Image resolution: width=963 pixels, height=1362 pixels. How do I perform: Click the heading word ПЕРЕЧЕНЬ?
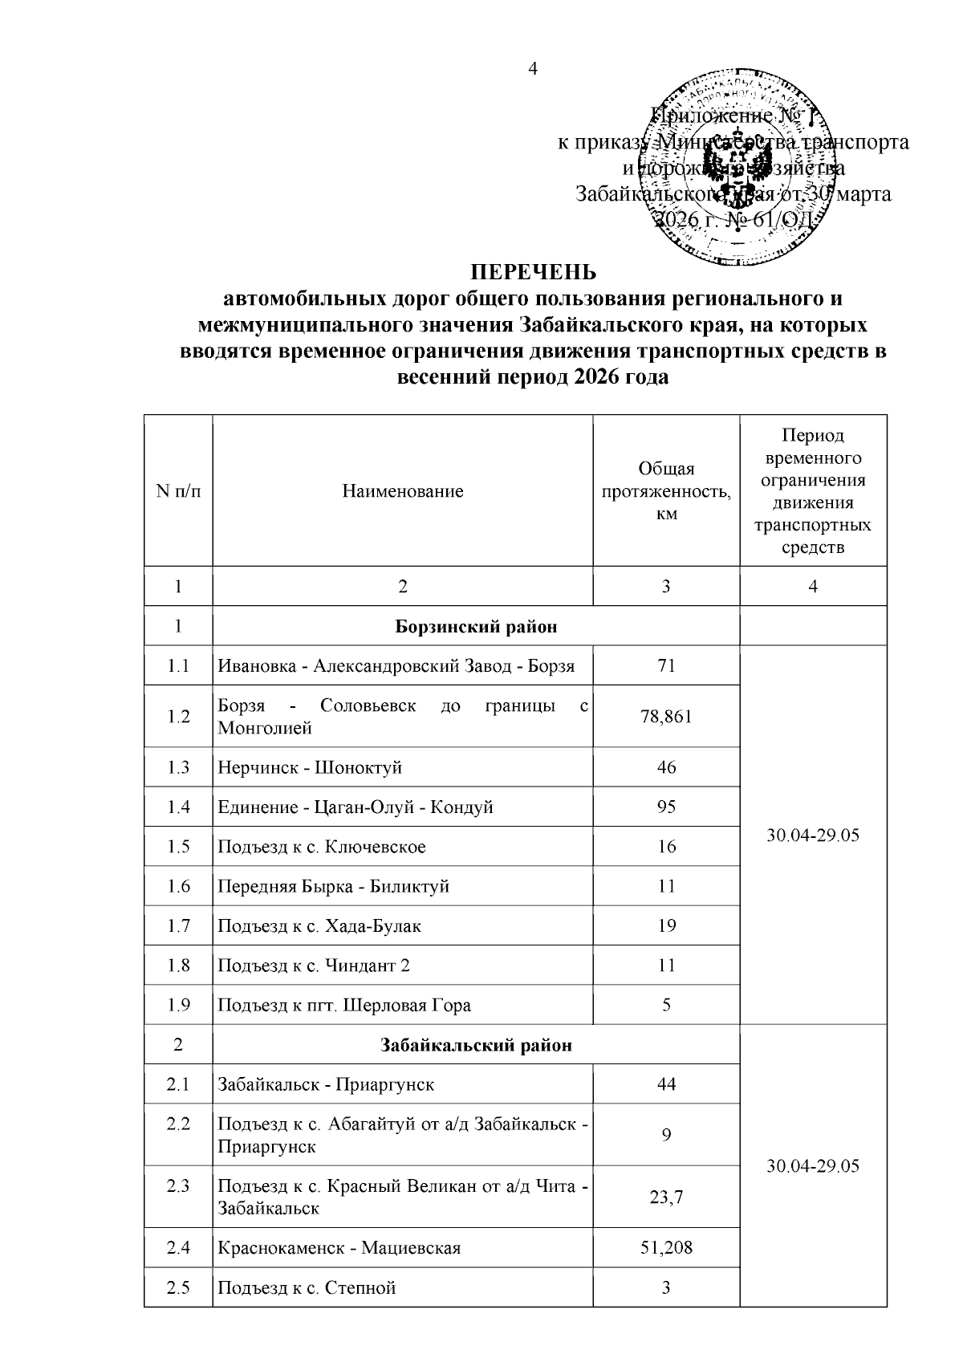pyautogui.click(x=533, y=271)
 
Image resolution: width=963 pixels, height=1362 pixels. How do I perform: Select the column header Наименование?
pyautogui.click(x=403, y=491)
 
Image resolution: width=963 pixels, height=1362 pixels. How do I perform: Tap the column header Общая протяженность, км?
pyautogui.click(x=666, y=491)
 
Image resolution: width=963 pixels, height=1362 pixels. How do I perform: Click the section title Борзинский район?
pyautogui.click(x=476, y=626)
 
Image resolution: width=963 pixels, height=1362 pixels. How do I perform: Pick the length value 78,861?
pyautogui.click(x=666, y=716)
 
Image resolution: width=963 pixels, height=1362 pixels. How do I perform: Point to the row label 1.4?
pyautogui.click(x=178, y=807)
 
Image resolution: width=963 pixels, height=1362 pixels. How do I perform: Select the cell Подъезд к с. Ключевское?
pyautogui.click(x=322, y=847)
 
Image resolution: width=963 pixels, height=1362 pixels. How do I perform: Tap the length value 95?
pyautogui.click(x=666, y=807)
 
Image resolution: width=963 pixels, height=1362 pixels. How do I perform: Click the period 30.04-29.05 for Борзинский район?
pyautogui.click(x=813, y=835)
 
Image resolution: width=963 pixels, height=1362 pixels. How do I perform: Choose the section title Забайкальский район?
pyautogui.click(x=476, y=1045)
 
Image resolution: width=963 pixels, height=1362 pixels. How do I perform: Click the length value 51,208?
pyautogui.click(x=666, y=1247)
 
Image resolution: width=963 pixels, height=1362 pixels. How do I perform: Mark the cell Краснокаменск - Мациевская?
pyautogui.click(x=339, y=1247)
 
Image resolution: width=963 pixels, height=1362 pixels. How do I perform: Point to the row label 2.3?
pyautogui.click(x=178, y=1185)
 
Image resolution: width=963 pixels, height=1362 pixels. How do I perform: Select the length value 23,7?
pyautogui.click(x=666, y=1197)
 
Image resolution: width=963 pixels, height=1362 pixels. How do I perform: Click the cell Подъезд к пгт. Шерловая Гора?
pyautogui.click(x=344, y=1005)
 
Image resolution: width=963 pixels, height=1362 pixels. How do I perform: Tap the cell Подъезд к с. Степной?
pyautogui.click(x=307, y=1287)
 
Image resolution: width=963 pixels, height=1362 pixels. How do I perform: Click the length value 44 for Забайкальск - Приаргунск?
pyautogui.click(x=666, y=1084)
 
